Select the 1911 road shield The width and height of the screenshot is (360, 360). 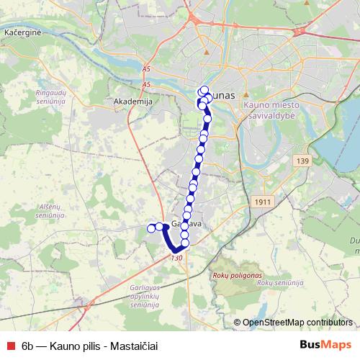click(x=263, y=202)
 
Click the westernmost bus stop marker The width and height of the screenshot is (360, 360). click(x=151, y=228)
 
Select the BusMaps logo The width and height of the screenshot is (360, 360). click(x=325, y=345)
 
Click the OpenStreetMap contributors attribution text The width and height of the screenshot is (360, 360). click(x=298, y=323)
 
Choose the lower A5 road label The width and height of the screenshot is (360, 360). click(x=147, y=85)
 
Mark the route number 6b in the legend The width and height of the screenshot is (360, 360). click(x=30, y=346)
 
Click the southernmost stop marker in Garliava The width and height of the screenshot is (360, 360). click(x=184, y=243)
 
